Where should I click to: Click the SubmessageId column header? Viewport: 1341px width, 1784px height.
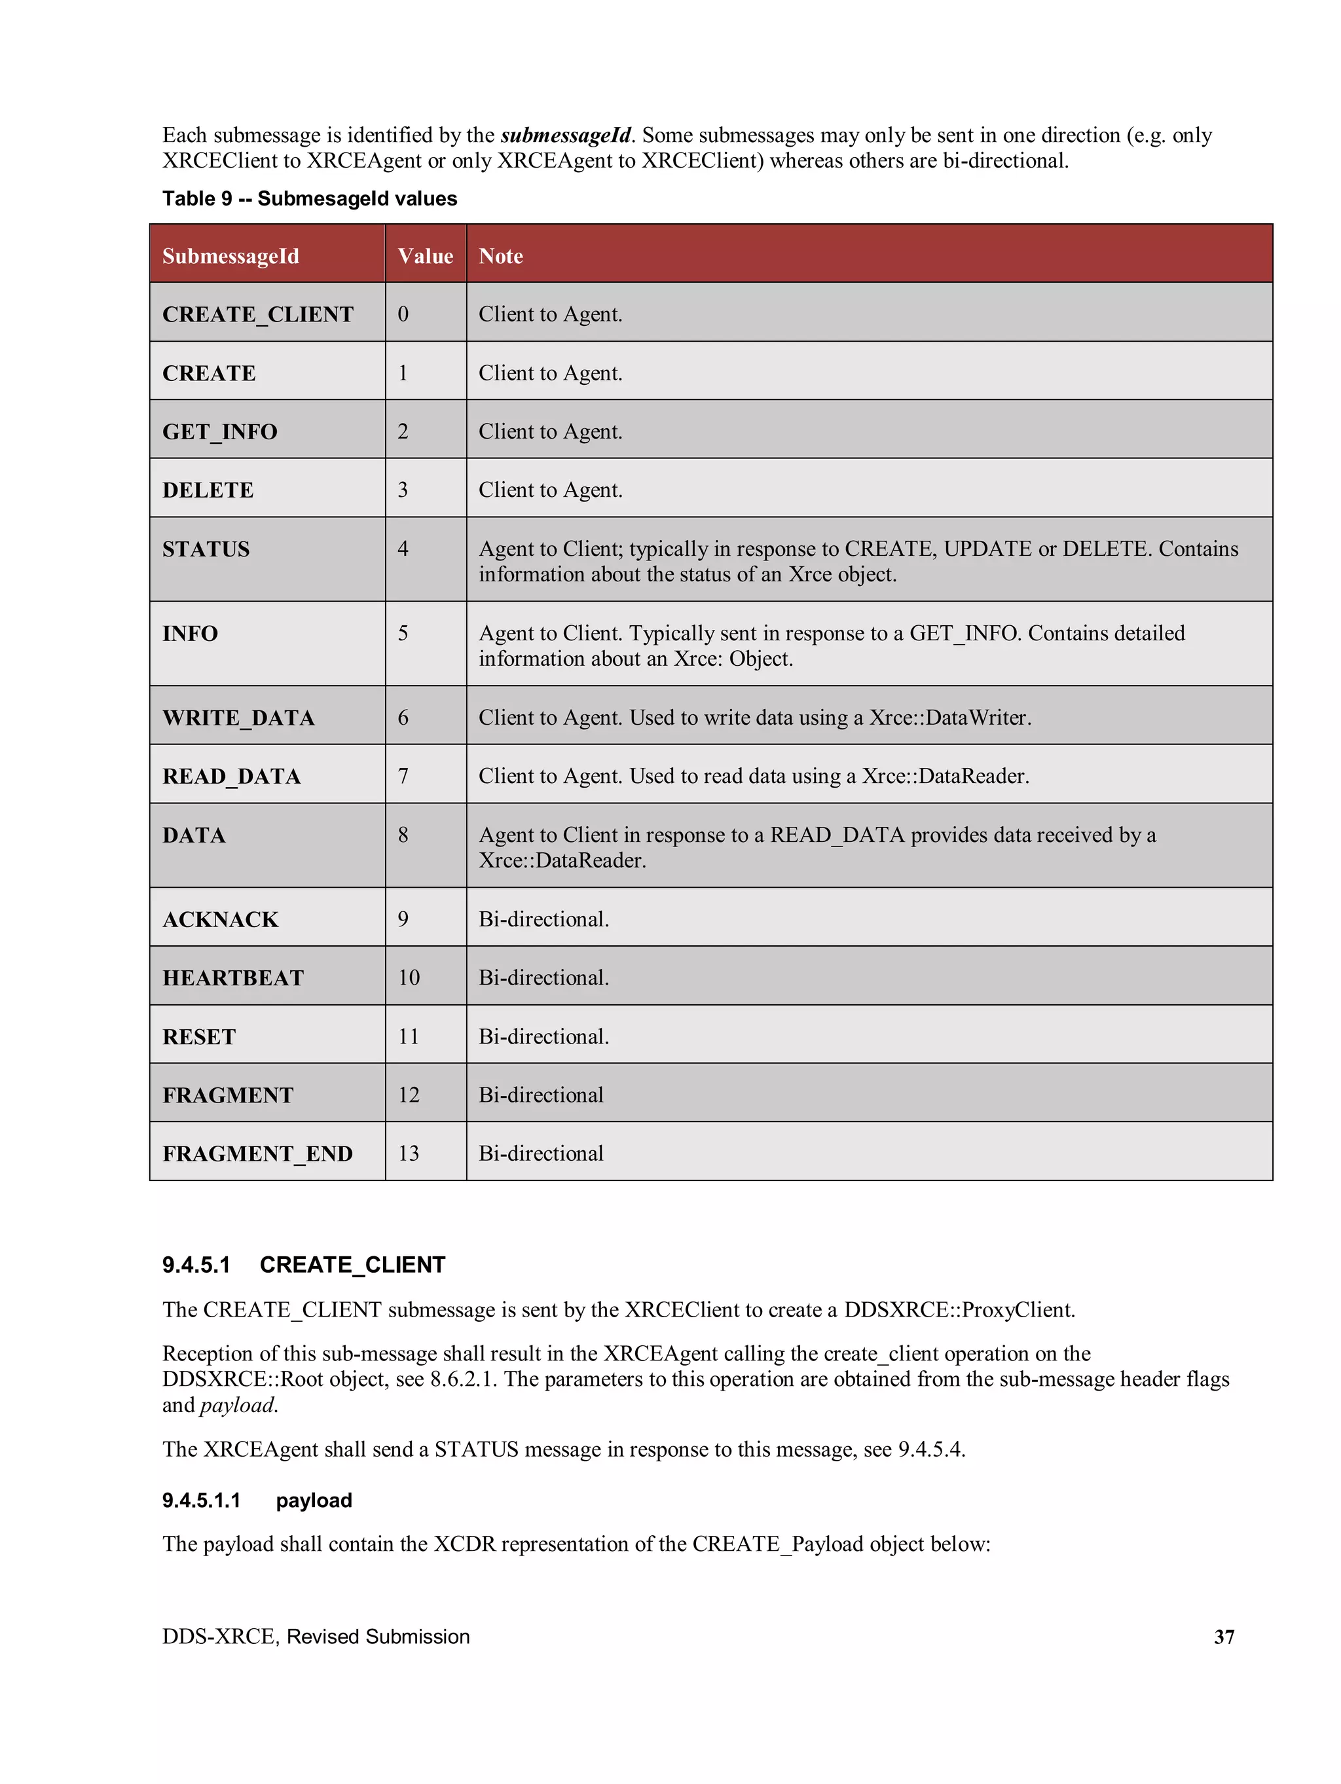230,256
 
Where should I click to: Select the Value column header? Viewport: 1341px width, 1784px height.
424,256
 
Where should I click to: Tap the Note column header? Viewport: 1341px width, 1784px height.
500,256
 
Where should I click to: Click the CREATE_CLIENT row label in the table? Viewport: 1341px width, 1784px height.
257,314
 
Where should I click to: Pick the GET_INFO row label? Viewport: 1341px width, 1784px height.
219,431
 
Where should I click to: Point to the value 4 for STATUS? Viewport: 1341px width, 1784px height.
403,549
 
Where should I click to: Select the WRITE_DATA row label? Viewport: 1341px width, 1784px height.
238,717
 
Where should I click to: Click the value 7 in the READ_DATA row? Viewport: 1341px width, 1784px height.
403,776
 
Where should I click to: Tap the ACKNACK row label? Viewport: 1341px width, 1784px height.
220,919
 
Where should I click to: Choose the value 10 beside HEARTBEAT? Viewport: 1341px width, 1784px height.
409,977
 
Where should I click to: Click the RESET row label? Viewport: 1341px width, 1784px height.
198,1036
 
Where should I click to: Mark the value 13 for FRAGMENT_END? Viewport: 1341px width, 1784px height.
409,1154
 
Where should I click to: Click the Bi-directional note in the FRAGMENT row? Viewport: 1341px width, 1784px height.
541,1095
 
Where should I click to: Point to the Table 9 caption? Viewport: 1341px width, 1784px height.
309,198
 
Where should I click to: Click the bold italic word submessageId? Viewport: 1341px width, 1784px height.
565,135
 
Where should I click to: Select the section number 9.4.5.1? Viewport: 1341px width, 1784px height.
196,1265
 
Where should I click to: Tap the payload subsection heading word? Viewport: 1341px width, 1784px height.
314,1500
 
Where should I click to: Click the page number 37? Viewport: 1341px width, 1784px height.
1223,1637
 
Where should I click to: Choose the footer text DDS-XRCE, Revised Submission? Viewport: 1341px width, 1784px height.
316,1637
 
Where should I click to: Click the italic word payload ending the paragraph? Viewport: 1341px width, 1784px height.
237,1405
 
